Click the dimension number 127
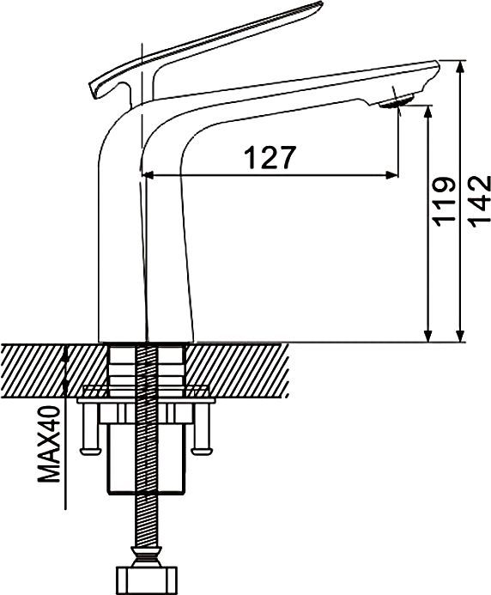[x=270, y=157]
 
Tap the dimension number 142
[x=479, y=201]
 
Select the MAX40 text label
[x=49, y=444]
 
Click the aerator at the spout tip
[x=397, y=101]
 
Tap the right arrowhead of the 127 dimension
[x=392, y=175]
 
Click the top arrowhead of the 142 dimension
[x=460, y=67]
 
